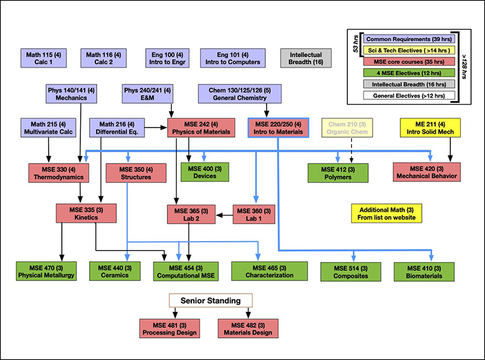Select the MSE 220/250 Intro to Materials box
tap(278, 128)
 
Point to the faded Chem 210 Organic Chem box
tap(350, 128)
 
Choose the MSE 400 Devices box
tap(205, 172)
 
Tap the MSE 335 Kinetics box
tap(83, 213)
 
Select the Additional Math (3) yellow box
tap(386, 213)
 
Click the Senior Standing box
tap(210, 300)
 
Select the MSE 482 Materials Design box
tap(248, 328)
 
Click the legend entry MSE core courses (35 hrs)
tap(404, 61)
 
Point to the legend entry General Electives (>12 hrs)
tap(404, 95)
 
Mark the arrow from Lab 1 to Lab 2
tap(224, 215)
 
